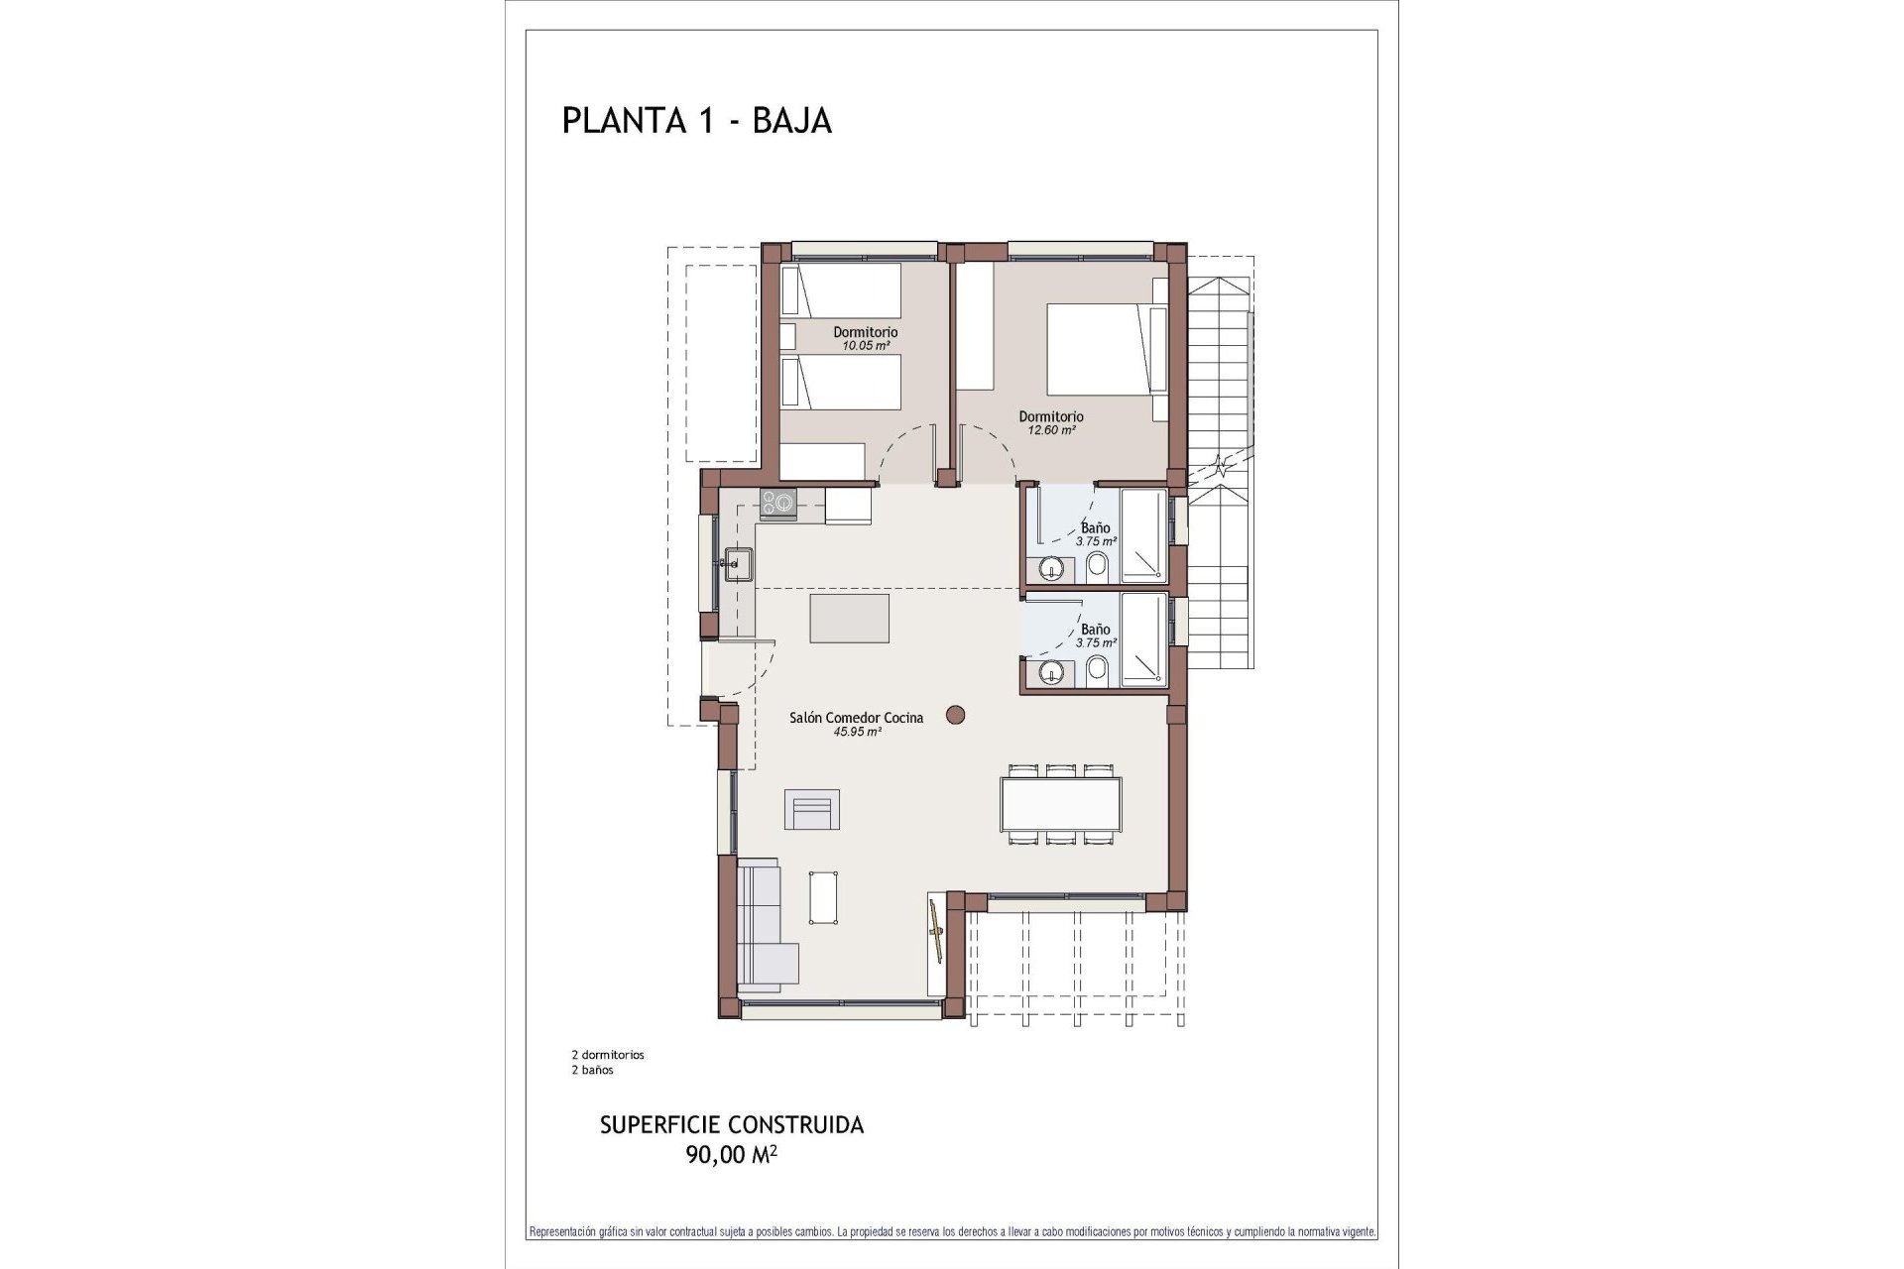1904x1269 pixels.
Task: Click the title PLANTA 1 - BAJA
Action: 696,120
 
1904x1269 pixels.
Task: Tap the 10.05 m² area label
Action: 865,346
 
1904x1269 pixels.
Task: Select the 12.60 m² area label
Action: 1051,430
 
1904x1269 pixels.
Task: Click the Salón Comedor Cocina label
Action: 856,718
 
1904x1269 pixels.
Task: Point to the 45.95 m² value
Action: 858,732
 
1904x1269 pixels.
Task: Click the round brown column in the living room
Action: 956,714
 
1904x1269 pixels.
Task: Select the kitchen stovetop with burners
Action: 777,503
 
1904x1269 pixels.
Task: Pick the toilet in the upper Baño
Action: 1098,567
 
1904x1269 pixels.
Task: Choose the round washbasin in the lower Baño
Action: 1051,674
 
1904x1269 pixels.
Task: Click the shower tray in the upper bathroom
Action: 1143,534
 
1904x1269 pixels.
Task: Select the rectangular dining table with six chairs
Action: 1060,804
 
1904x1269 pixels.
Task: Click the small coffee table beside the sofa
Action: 824,896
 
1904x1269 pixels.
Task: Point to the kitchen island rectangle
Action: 849,619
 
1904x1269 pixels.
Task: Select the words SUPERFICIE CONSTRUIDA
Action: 732,1125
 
